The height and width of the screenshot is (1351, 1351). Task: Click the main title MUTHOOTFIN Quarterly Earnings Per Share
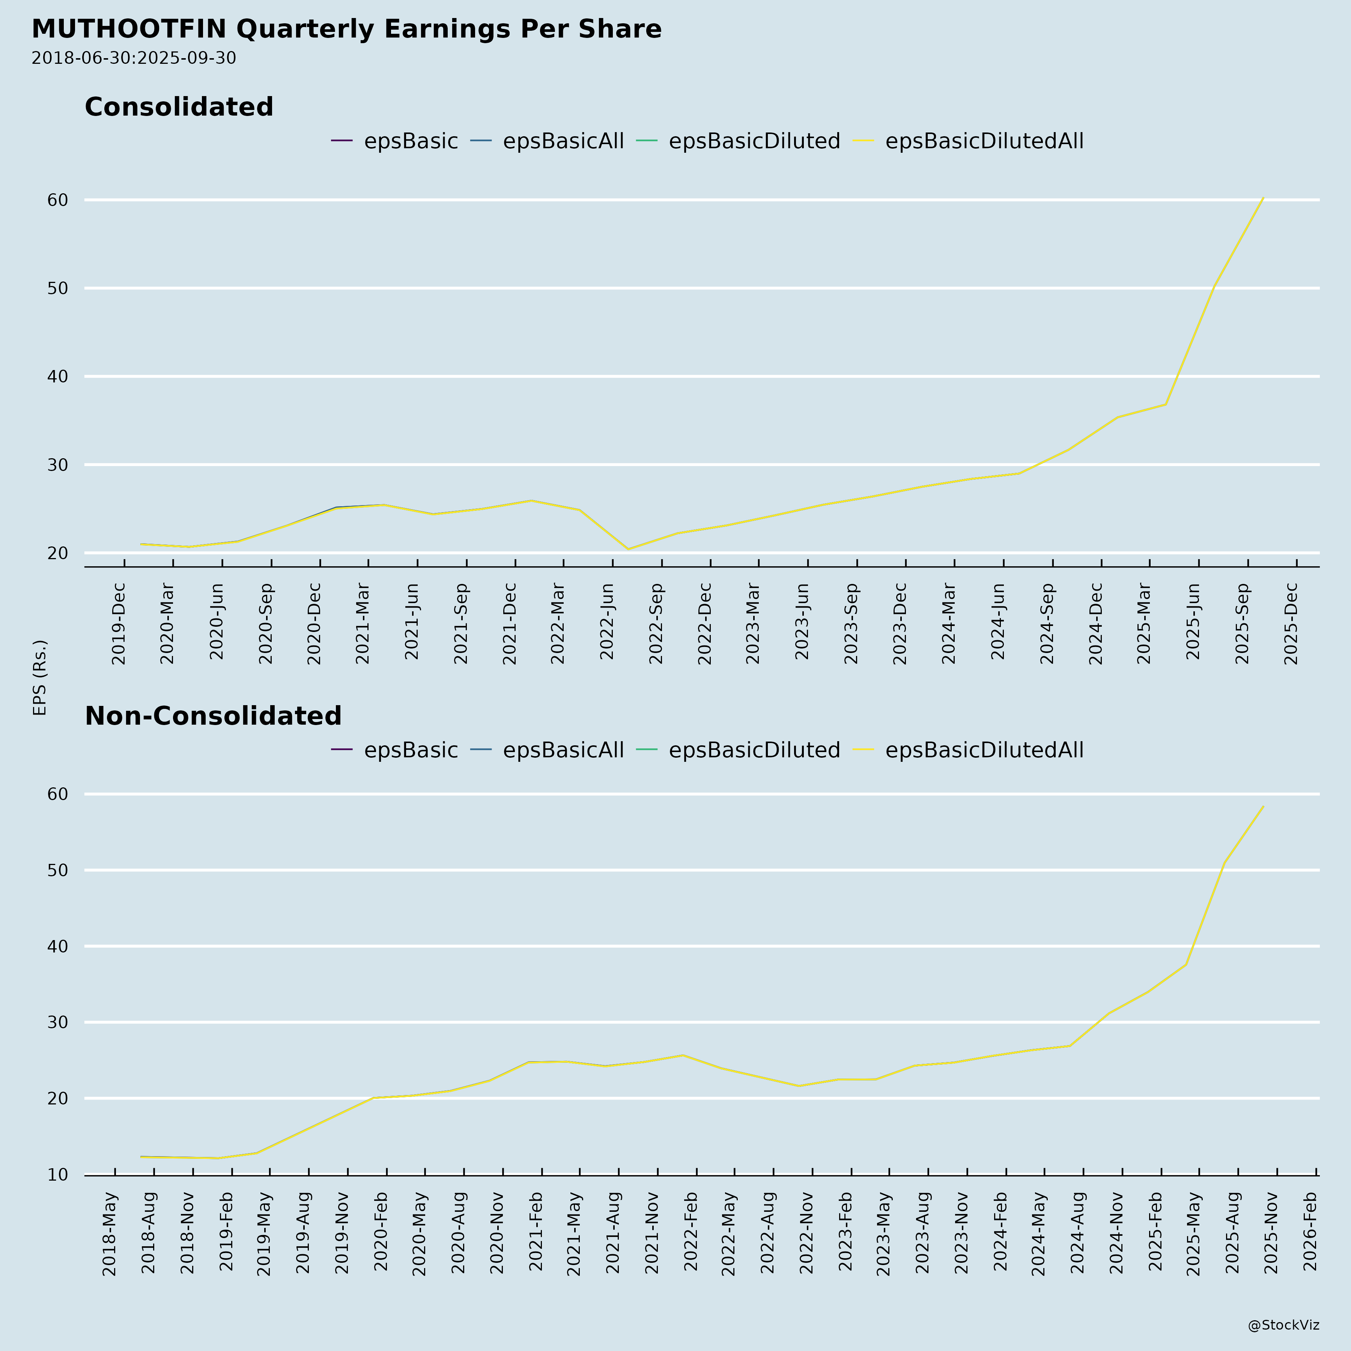tap(346, 29)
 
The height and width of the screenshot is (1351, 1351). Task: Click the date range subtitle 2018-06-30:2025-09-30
tap(134, 58)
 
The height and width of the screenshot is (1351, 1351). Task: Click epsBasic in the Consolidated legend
tap(411, 141)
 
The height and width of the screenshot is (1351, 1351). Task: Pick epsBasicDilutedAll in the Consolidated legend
tap(984, 141)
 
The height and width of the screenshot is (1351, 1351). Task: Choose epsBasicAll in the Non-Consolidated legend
tap(563, 750)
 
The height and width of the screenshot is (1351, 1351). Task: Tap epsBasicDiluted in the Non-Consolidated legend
tap(754, 750)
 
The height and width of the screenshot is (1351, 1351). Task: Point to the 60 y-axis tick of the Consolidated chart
tap(58, 200)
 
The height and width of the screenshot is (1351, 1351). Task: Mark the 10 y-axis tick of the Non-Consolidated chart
tap(58, 1175)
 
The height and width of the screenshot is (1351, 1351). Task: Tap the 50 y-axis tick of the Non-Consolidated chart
tap(58, 871)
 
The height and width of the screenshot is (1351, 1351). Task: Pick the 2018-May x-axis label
tap(110, 1234)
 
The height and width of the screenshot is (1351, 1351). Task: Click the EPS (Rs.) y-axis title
tap(40, 677)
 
